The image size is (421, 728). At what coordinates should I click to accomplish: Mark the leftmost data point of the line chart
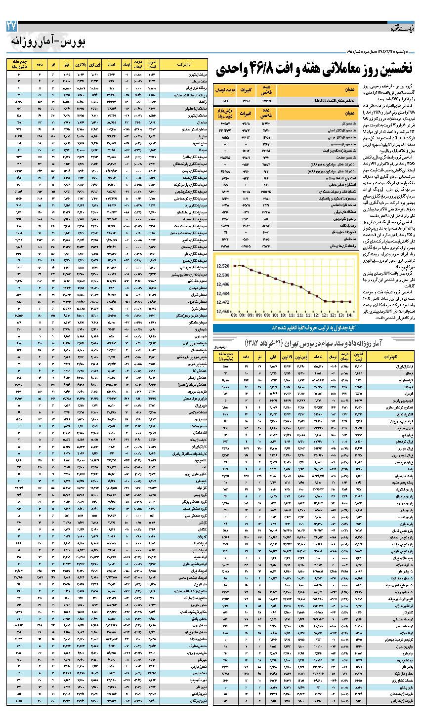[x=235, y=266]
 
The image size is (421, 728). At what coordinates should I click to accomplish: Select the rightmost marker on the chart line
[x=350, y=301]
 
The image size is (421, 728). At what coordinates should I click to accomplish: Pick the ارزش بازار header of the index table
[x=224, y=113]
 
